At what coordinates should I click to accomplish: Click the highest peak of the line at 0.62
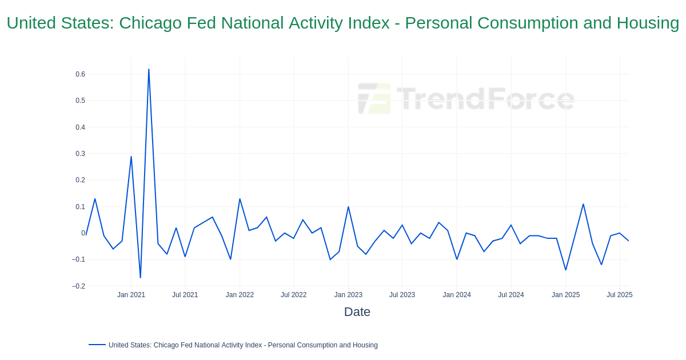(149, 70)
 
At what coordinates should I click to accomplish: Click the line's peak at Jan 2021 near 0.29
(131, 157)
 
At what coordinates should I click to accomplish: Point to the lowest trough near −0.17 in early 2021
(140, 278)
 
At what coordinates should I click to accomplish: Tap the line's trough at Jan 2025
(565, 270)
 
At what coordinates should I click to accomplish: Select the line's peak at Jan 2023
(348, 207)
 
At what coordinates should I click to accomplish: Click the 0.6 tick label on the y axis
(80, 74)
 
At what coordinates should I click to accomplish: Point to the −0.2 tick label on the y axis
(78, 286)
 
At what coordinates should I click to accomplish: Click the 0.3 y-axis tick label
(80, 154)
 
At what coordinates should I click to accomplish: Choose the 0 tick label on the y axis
(83, 233)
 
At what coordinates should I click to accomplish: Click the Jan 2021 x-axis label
(131, 295)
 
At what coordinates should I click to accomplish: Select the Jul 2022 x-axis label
(293, 295)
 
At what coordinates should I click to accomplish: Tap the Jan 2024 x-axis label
(457, 295)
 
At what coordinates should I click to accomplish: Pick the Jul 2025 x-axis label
(619, 295)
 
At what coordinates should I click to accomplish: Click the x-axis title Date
(357, 312)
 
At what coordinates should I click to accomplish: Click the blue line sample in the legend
(97, 345)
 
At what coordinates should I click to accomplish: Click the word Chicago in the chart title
(150, 23)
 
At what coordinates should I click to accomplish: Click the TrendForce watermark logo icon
(374, 98)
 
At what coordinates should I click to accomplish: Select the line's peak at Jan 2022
(240, 199)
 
